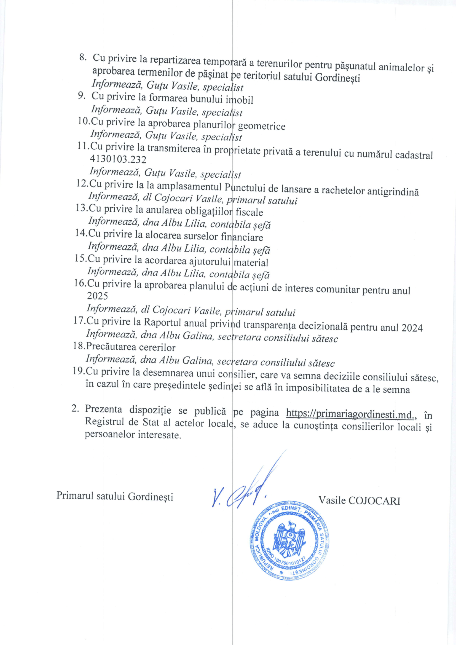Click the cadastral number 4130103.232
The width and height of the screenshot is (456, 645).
point(118,159)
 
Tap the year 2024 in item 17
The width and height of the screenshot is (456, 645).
point(412,328)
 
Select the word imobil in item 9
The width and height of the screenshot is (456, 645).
point(240,100)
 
